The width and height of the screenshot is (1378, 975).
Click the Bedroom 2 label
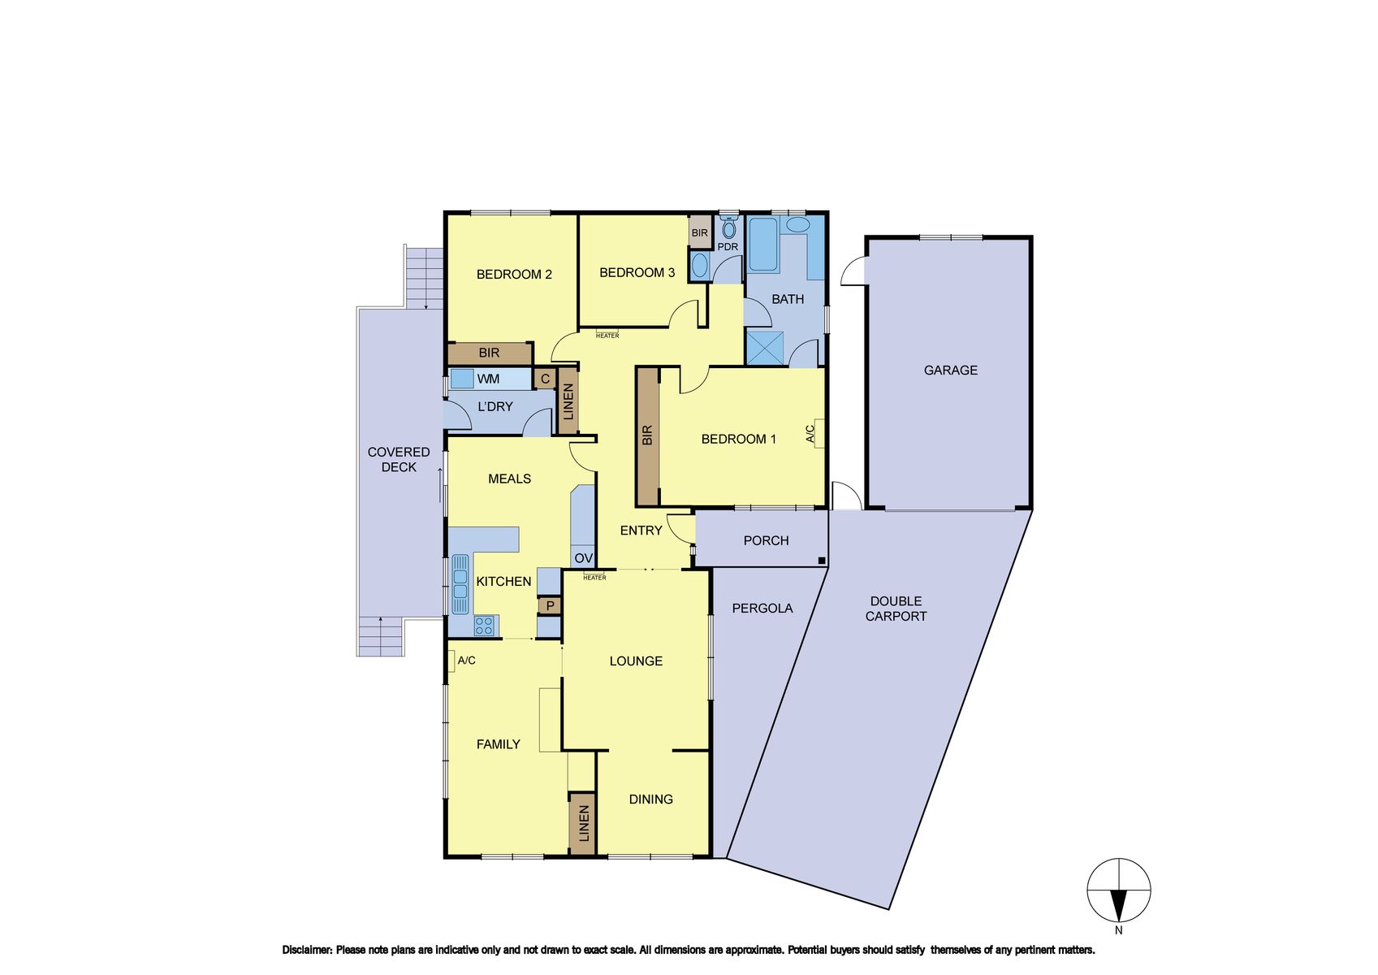pyautogui.click(x=514, y=275)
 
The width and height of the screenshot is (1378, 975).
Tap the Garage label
pyautogui.click(x=950, y=370)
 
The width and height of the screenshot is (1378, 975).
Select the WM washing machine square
pyautogui.click(x=462, y=379)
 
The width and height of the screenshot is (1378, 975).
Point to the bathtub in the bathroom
pyautogui.click(x=763, y=245)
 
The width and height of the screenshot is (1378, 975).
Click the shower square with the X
pyautogui.click(x=765, y=349)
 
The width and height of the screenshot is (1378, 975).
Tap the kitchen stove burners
pyautogui.click(x=483, y=626)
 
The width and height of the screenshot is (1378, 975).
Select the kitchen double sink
pyautogui.click(x=460, y=585)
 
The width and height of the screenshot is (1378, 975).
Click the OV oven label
pyautogui.click(x=583, y=558)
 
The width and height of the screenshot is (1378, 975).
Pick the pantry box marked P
pyautogui.click(x=550, y=605)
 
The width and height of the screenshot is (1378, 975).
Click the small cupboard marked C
pyautogui.click(x=544, y=379)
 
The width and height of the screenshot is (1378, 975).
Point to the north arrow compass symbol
pyautogui.click(x=1118, y=890)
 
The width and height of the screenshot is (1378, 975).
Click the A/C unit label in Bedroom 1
pyautogui.click(x=810, y=433)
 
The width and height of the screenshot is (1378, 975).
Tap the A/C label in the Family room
pyautogui.click(x=466, y=661)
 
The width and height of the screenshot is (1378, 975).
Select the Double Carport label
pyautogui.click(x=896, y=609)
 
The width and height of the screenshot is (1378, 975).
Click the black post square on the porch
pyautogui.click(x=821, y=561)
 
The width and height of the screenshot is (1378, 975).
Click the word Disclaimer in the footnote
pyautogui.click(x=307, y=950)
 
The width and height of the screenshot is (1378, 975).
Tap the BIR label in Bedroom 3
pyautogui.click(x=700, y=233)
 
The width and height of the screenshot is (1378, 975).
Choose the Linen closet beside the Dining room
pyautogui.click(x=583, y=824)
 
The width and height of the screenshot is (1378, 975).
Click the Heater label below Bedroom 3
pyautogui.click(x=607, y=336)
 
